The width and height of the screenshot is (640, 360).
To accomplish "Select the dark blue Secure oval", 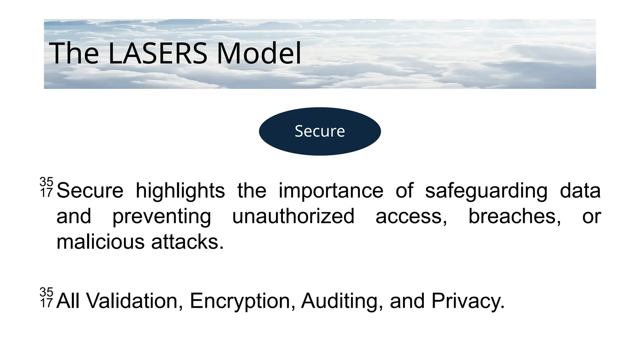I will pos(320,131).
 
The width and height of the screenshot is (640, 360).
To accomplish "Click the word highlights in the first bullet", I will pos(180,191).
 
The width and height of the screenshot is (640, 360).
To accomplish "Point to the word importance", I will pos(331,191).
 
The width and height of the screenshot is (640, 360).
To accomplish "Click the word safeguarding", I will pos(486,191).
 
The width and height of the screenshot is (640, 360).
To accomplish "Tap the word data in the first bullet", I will pos(580,191).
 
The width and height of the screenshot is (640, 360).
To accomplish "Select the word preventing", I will pos(162,216).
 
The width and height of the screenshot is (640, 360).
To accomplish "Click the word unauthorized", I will pos(293,216).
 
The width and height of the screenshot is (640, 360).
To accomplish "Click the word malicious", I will pos(100,242).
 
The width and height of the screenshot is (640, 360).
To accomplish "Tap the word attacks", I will pos(187,242).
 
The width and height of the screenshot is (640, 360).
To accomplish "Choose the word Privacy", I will pos(468,301).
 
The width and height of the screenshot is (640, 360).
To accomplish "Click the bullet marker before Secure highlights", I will pos(46,187).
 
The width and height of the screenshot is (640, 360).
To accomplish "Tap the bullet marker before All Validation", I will pos(46,297).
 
